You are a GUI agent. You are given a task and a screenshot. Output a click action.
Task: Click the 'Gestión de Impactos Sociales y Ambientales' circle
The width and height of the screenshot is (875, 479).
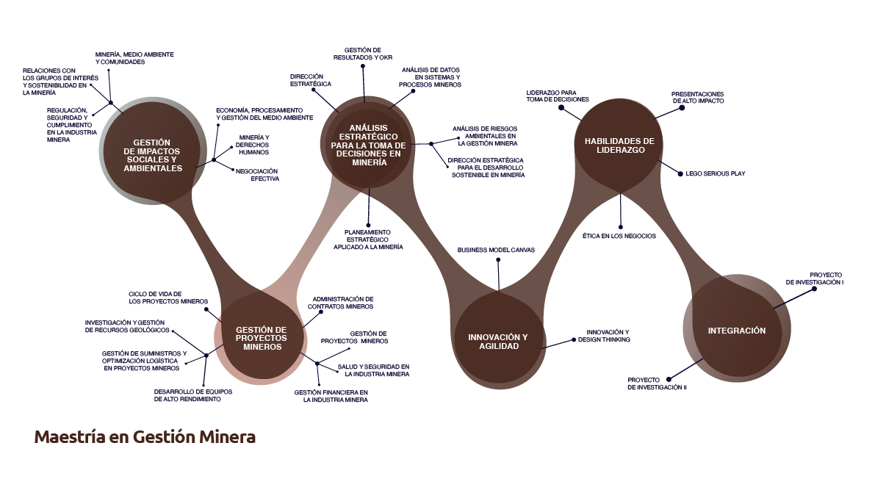152,152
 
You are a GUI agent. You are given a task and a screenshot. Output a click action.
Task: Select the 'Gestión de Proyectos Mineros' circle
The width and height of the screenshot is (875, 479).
261,339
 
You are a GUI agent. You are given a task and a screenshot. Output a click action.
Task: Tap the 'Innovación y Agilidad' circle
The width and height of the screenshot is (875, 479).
498,341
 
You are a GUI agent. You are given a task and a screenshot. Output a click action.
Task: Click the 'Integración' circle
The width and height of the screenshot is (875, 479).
737,330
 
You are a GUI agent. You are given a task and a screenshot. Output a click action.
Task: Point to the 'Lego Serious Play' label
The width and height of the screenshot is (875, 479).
716,173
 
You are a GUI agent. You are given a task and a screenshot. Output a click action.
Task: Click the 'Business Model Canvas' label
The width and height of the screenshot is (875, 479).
496,250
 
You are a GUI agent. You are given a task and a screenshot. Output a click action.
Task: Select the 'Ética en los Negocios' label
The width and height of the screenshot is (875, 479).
619,236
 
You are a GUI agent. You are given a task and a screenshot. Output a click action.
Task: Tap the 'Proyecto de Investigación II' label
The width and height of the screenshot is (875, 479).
657,383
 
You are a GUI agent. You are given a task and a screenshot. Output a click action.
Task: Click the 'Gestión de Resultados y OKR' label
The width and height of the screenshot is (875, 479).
363,54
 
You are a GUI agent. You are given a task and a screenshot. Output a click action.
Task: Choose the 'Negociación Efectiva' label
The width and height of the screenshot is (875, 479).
257,176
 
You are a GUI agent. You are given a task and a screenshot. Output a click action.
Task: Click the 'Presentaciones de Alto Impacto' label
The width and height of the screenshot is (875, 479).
697,98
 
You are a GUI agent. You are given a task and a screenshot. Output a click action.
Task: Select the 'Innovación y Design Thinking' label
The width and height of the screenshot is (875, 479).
605,336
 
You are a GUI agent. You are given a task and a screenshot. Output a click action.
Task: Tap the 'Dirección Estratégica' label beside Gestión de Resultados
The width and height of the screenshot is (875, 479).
311,80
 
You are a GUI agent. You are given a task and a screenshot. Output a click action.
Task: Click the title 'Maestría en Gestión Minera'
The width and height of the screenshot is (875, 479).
145,436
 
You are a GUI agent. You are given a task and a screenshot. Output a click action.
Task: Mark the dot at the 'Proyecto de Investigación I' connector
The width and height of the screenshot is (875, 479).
814,289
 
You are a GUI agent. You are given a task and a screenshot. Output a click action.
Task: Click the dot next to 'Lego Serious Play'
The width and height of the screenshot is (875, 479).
680,174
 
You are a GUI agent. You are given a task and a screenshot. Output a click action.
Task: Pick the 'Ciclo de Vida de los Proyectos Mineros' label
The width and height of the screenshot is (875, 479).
168,298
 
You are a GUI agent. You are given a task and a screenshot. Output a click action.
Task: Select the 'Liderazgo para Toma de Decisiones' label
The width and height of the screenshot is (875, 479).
558,96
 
